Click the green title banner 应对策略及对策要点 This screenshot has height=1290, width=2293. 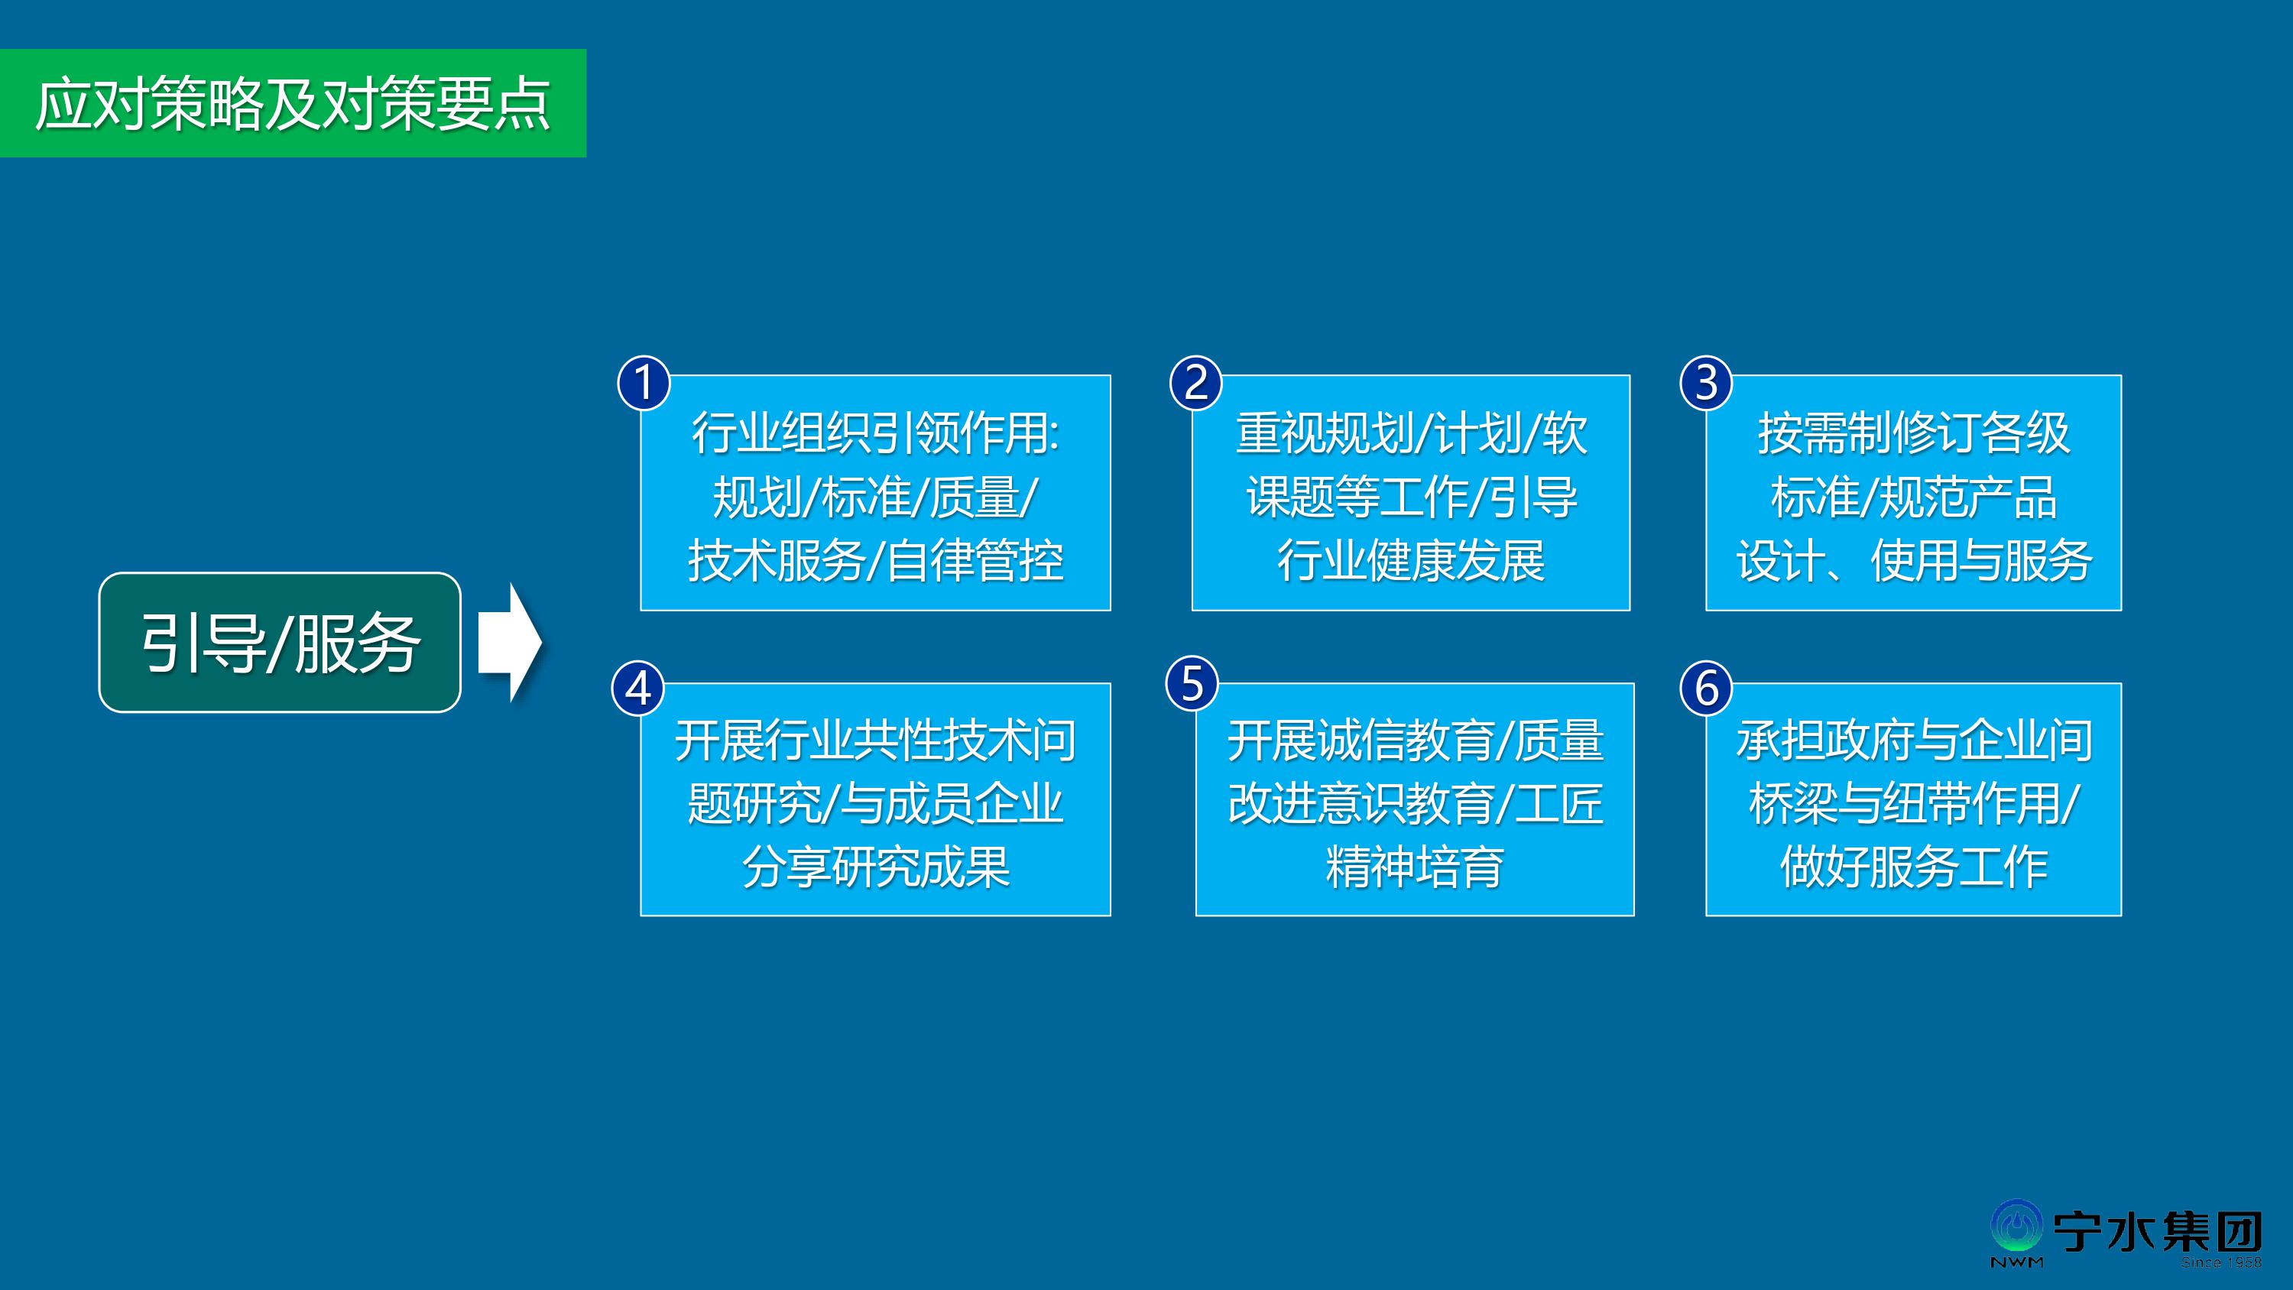[293, 103]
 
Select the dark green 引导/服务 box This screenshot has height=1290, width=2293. [280, 642]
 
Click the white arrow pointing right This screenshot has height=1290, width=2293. [510, 642]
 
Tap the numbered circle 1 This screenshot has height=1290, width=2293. [644, 383]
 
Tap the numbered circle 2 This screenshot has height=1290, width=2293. [1196, 383]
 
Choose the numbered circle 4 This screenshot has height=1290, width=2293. [638, 688]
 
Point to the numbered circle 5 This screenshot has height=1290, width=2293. [1192, 684]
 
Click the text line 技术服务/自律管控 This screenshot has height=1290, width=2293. [876, 561]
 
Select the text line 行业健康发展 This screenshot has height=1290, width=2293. [1411, 561]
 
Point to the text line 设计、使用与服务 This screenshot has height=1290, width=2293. [1914, 561]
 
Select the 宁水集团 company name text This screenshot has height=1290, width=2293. [2158, 1231]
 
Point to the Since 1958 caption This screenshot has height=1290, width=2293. [2221, 1262]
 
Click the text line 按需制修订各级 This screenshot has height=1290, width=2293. [1914, 433]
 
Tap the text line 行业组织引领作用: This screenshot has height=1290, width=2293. [876, 433]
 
